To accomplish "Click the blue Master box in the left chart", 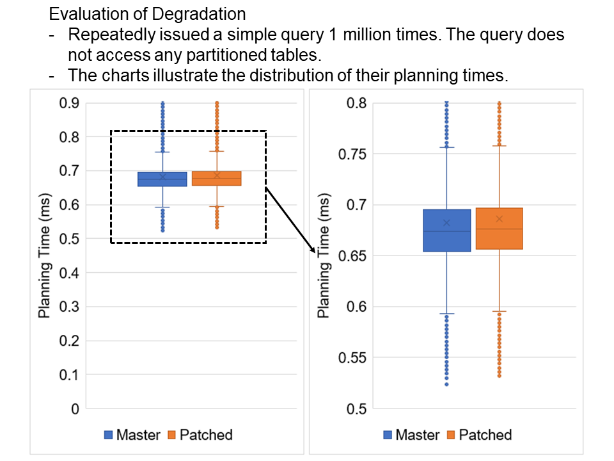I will tap(162, 179).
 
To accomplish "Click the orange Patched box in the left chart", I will tap(216, 179).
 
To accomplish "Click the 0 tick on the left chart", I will tap(75, 408).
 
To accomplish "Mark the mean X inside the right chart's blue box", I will tap(446, 223).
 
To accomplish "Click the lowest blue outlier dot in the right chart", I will tap(446, 384).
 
